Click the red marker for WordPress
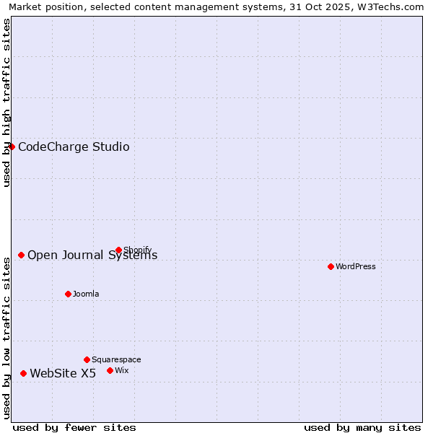tap(331, 266)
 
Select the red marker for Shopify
tap(119, 250)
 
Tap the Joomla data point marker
tap(69, 294)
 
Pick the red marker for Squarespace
tap(87, 359)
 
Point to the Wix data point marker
tap(110, 370)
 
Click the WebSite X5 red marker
tap(24, 373)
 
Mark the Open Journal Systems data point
tap(22, 255)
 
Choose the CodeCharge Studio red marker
tap(12, 147)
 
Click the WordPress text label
tap(356, 267)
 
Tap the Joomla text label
tap(86, 294)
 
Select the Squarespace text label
tap(116, 360)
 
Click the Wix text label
tap(122, 371)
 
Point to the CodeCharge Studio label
tap(74, 147)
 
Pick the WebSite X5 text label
tap(63, 374)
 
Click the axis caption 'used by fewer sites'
tap(74, 427)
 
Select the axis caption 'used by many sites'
tap(362, 427)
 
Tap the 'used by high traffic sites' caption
tap(7, 102)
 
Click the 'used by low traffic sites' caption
tap(7, 336)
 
